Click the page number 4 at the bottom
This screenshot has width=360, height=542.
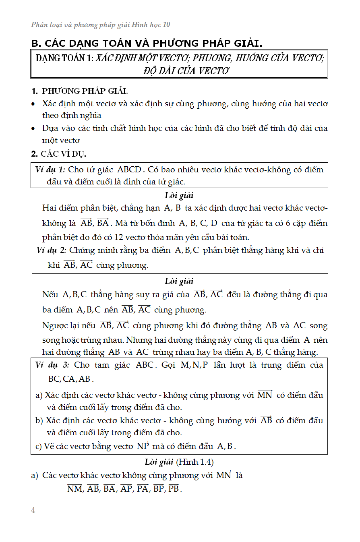[33, 511]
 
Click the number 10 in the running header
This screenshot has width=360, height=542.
[166, 25]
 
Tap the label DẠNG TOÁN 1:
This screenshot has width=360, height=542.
[64, 58]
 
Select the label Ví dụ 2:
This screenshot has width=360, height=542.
[51, 250]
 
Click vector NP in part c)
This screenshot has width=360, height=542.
[143, 446]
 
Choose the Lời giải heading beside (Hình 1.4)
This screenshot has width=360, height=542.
[159, 462]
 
